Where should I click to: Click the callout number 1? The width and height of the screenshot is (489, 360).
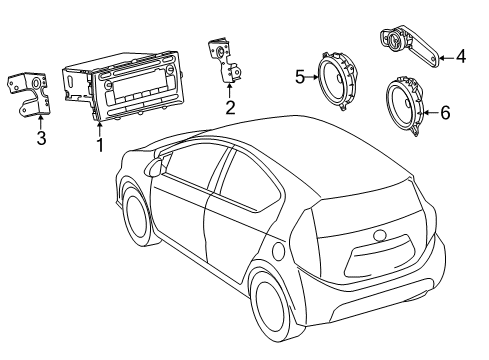[x=99, y=144]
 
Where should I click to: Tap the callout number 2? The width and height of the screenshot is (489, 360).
[x=230, y=108]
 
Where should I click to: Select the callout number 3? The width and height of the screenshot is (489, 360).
[x=41, y=138]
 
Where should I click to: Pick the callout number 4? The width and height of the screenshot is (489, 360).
[x=461, y=57]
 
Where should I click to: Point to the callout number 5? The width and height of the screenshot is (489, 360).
[x=300, y=75]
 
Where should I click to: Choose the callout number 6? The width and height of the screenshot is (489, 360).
[x=445, y=113]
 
